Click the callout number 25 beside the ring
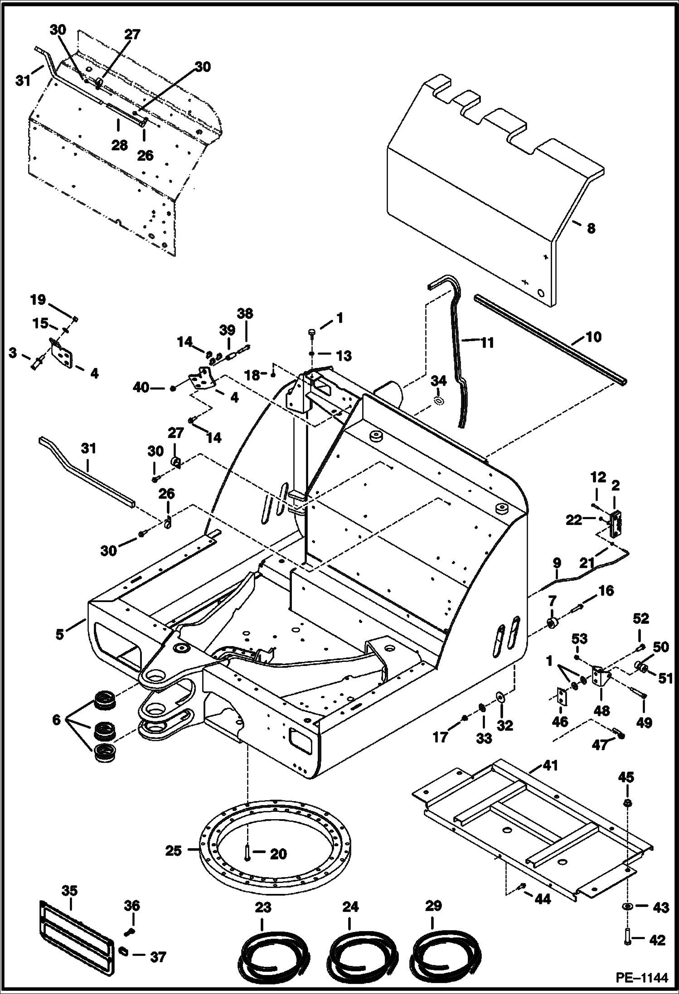173,850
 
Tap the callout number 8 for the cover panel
591,228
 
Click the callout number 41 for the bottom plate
550,766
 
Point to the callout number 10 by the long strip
593,337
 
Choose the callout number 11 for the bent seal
487,343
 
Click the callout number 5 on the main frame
60,634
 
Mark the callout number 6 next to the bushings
56,719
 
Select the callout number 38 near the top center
245,314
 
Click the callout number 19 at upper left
38,299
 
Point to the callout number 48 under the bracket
602,710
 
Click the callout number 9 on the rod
557,563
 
